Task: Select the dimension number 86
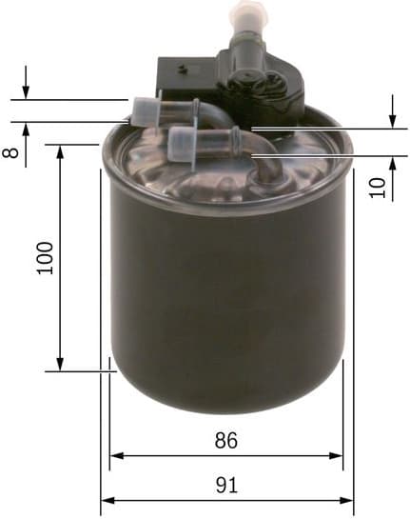tap(225, 441)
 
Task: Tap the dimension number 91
tap(226, 485)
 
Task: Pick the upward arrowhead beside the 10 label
tap(392, 161)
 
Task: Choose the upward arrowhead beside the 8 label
tap(26, 127)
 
